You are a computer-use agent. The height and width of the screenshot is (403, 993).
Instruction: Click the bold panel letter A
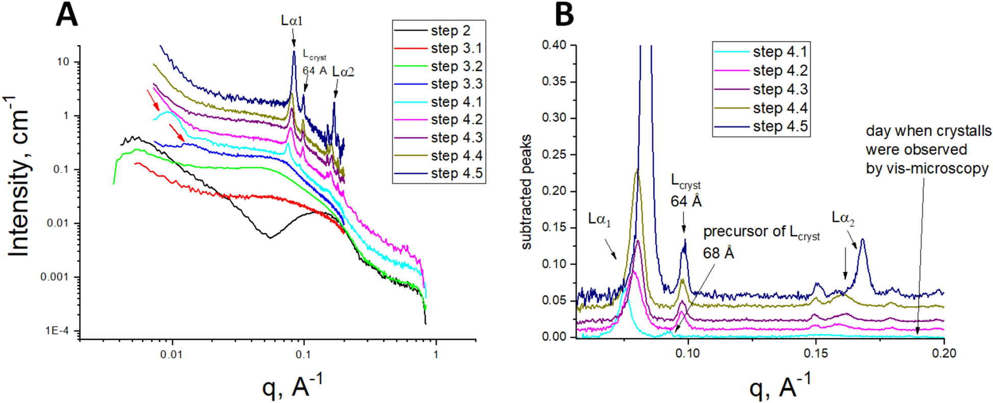(67, 15)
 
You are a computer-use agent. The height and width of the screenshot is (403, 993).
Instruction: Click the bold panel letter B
(564, 15)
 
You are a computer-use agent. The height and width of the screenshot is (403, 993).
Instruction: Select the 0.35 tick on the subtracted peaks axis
(554, 82)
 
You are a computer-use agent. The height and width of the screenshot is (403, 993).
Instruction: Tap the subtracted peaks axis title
(526, 192)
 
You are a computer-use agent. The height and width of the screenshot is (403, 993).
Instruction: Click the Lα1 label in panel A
(292, 21)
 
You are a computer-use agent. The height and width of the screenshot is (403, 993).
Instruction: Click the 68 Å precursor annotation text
(718, 253)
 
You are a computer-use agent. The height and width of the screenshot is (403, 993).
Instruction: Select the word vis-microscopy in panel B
(927, 168)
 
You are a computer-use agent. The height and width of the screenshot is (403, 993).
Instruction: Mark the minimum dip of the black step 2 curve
(270, 237)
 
